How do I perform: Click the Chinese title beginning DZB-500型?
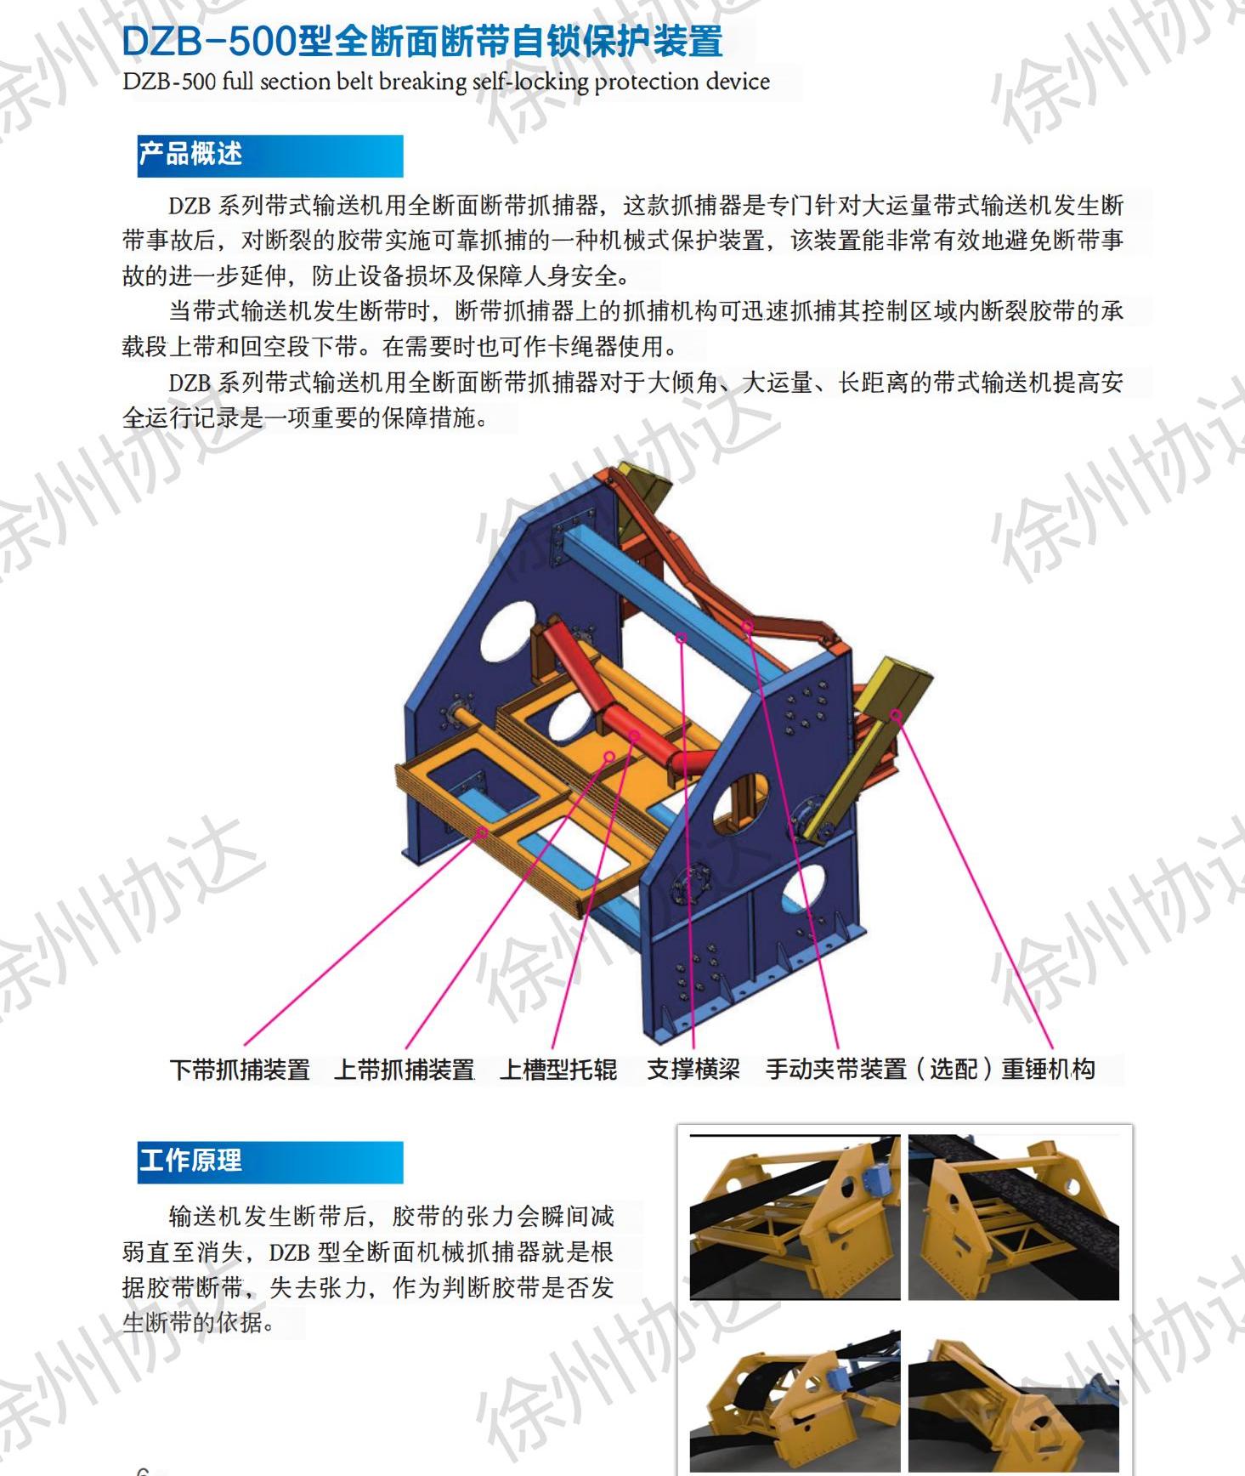[x=422, y=40]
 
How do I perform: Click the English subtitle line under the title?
[x=446, y=82]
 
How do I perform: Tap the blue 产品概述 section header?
[x=269, y=156]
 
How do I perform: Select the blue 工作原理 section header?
[x=269, y=1161]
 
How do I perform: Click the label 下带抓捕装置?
[x=241, y=1069]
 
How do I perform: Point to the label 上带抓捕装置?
[x=405, y=1069]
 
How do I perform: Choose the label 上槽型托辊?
[x=558, y=1069]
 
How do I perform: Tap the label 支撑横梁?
[x=693, y=1069]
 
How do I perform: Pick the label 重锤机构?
[x=1049, y=1069]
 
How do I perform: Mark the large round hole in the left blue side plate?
[x=506, y=630]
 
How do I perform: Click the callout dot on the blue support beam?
[x=681, y=637]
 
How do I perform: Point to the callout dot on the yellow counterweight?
[x=896, y=714]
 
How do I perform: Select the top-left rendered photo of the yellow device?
[x=795, y=1217]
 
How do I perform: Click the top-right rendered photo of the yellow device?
[x=1014, y=1217]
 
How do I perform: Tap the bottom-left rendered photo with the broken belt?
[x=795, y=1394]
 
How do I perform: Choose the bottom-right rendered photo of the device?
[x=1014, y=1394]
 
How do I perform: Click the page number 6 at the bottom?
[x=143, y=1469]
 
